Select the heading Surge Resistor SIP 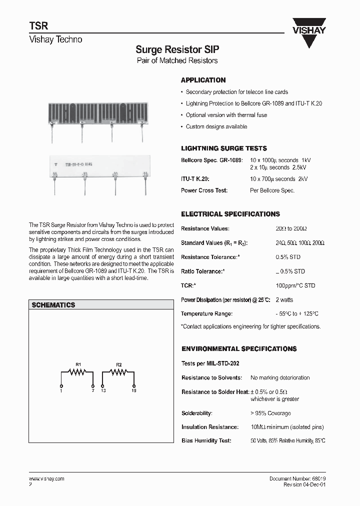click(177, 50)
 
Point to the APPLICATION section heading click(203, 80)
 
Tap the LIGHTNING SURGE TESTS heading click(223, 148)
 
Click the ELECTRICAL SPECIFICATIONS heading click(230, 214)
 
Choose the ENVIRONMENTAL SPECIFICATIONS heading click(238, 348)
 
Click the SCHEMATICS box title click(53, 304)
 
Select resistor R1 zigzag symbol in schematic click(77, 372)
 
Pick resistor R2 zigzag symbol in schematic click(118, 372)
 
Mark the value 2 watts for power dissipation click(284, 300)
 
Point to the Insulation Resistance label click(209, 427)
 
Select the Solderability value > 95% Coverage click(270, 413)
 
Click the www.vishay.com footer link click(46, 479)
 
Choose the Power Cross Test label click(204, 190)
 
